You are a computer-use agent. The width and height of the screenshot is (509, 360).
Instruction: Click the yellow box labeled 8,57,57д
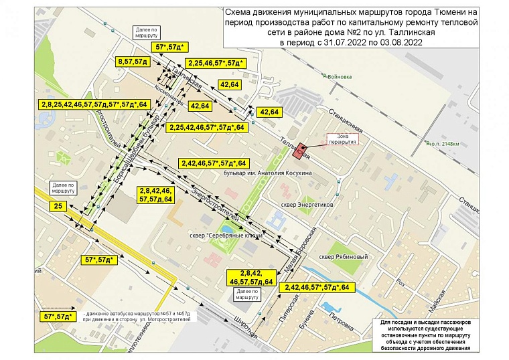(x=132, y=62)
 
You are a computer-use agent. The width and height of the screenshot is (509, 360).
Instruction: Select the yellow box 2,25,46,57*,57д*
(x=216, y=64)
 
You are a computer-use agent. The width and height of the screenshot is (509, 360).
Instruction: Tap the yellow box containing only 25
(x=58, y=207)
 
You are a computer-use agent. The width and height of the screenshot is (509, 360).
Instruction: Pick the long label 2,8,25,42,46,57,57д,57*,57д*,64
(x=93, y=104)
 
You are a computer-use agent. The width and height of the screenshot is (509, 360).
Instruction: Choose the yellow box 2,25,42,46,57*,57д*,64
(x=208, y=126)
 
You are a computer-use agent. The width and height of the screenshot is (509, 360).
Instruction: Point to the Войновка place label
(x=338, y=77)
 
